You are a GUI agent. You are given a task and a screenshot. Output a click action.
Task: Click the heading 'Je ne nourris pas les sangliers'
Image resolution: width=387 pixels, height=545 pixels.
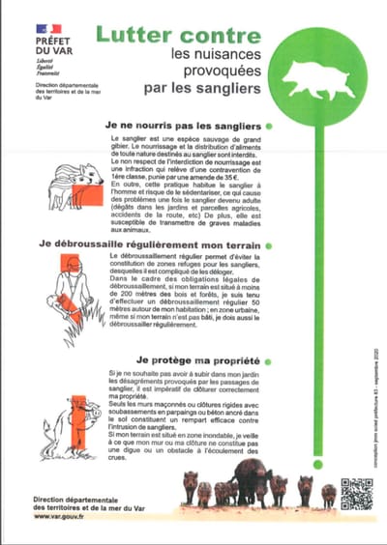coord(185,127)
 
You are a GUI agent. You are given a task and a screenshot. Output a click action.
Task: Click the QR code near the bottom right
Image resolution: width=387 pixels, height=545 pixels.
coord(356,493)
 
